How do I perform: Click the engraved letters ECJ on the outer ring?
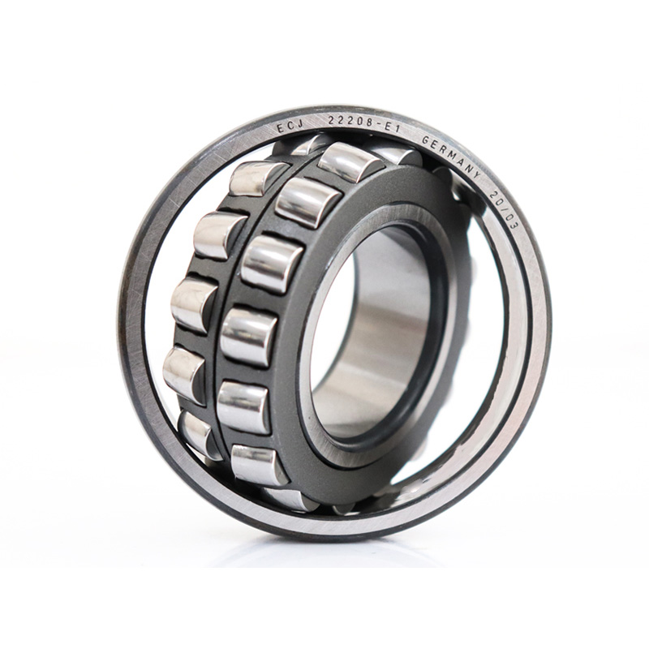[x=290, y=127]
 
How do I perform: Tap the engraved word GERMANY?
[x=452, y=154]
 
